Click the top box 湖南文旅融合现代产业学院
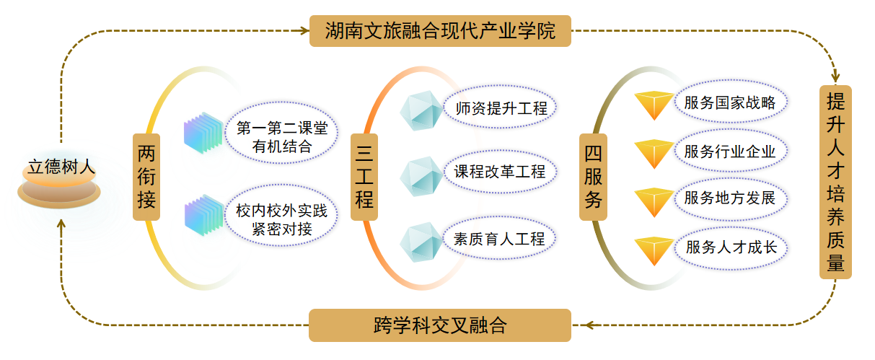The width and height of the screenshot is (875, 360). (440, 31)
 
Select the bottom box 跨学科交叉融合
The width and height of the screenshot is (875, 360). (440, 325)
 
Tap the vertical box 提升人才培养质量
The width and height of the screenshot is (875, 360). (835, 182)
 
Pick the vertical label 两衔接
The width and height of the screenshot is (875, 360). (146, 177)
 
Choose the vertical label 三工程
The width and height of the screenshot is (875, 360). (364, 177)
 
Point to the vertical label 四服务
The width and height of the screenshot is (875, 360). (594, 177)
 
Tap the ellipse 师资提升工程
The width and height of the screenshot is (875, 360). (501, 109)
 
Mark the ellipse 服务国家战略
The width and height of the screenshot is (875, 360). (730, 102)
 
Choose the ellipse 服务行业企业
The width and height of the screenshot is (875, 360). (730, 152)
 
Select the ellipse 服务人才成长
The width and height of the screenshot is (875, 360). (730, 247)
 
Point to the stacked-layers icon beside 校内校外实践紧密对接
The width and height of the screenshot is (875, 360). (204, 214)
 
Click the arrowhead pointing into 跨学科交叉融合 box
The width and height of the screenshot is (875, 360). (589, 325)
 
